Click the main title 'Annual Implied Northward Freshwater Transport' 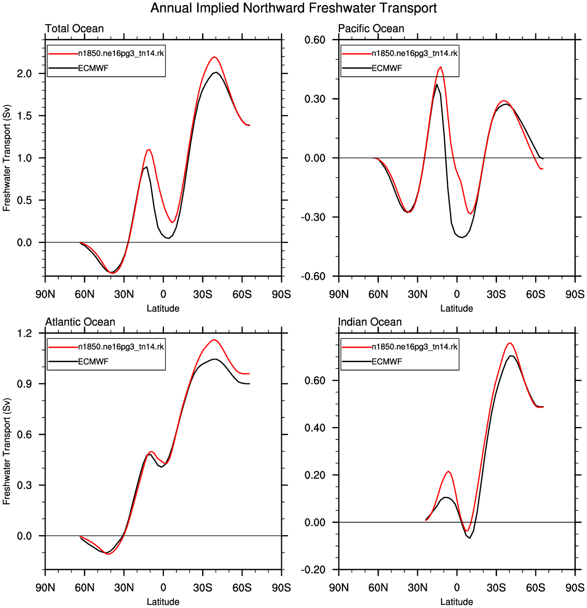click(x=294, y=8)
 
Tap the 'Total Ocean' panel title click(x=74, y=28)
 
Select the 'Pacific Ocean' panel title click(x=371, y=28)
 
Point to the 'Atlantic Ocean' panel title click(x=80, y=322)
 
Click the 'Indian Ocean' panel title click(x=370, y=322)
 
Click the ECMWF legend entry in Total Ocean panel click(x=93, y=68)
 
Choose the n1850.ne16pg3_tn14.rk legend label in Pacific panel click(x=415, y=54)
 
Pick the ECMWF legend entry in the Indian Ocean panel click(x=387, y=362)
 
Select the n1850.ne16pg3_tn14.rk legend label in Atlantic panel click(x=121, y=347)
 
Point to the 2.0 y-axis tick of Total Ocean click(x=24, y=74)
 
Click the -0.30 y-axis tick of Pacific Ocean click(x=312, y=217)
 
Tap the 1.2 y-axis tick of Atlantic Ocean click(x=24, y=333)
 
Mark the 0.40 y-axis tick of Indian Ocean click(x=315, y=428)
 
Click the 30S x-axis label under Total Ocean click(x=203, y=294)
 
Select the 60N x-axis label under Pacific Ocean click(x=378, y=294)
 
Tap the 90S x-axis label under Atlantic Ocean click(x=281, y=588)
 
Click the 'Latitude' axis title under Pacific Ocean click(x=457, y=309)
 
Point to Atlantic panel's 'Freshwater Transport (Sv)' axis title click(x=7, y=451)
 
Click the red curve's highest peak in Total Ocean click(x=214, y=57)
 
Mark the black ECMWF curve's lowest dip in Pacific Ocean click(x=462, y=237)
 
